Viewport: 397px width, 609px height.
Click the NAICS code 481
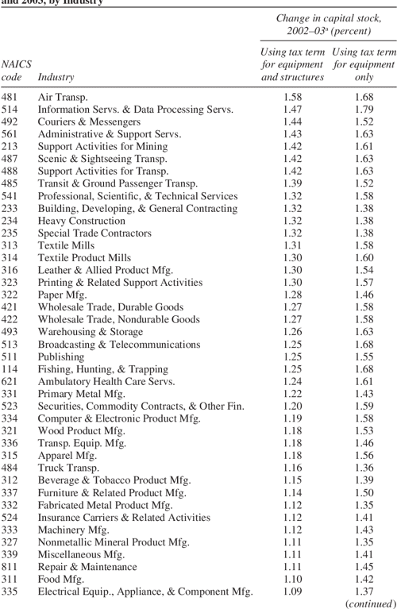[x=10, y=97]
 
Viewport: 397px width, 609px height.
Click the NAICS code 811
[x=10, y=567]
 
